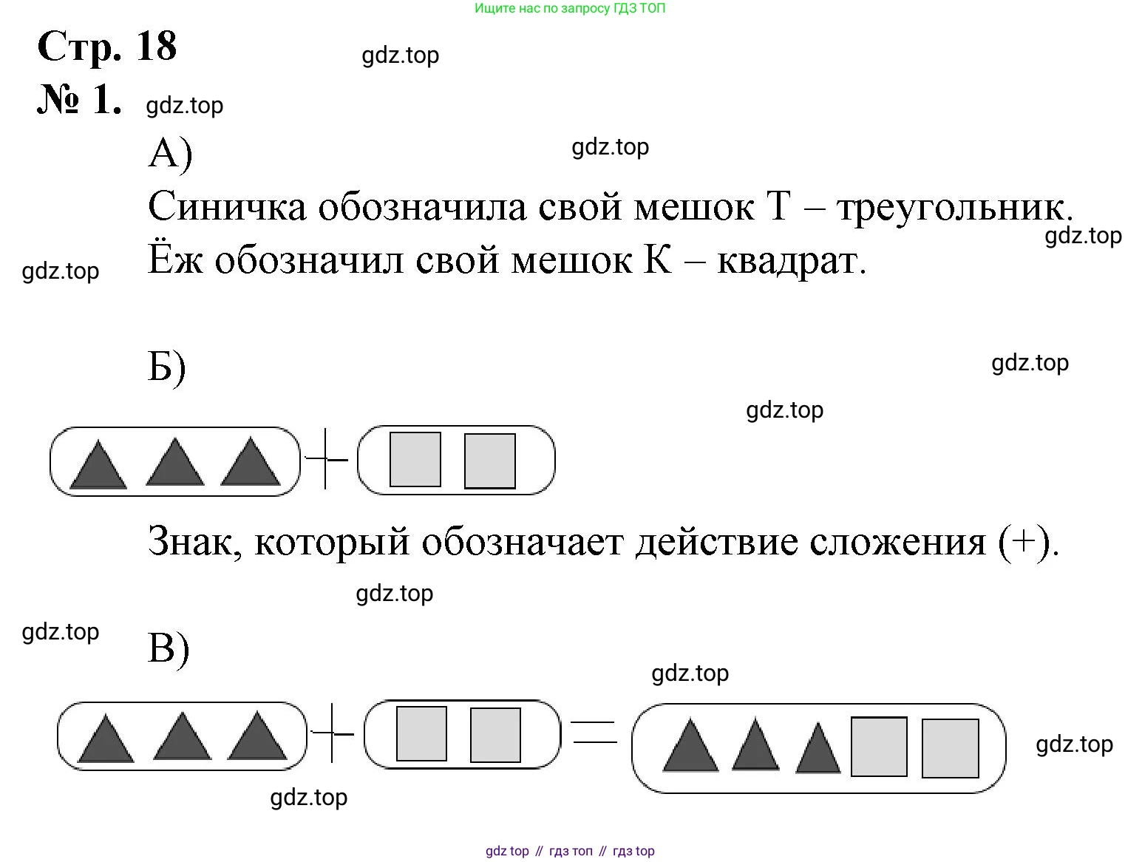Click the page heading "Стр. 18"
[x=106, y=46]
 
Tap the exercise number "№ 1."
[x=79, y=100]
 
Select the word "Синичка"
[x=226, y=206]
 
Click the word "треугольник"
[x=954, y=208]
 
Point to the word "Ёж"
[x=174, y=259]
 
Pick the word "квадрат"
[x=790, y=260]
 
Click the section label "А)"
[x=170, y=155]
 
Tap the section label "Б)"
[x=167, y=367]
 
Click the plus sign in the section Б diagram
[x=326, y=460]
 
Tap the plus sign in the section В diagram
[x=332, y=733]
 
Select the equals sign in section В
[x=594, y=732]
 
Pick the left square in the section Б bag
[x=415, y=460]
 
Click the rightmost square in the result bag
[x=950, y=748]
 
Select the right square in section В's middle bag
[x=495, y=735]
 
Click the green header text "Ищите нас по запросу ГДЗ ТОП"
[x=570, y=9]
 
